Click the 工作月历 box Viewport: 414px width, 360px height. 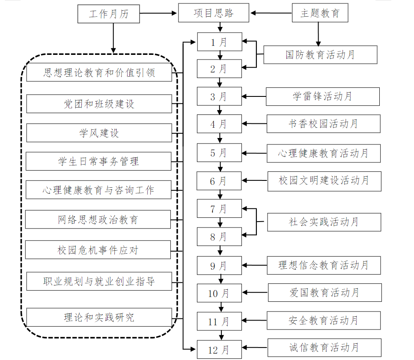click(109, 14)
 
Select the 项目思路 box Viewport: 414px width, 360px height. click(213, 13)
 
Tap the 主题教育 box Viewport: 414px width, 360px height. click(319, 13)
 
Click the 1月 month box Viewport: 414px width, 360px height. click(219, 42)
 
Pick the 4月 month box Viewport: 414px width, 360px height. click(219, 124)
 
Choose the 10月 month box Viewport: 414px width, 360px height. click(219, 293)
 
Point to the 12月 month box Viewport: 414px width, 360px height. click(219, 350)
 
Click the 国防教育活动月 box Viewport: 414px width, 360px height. click(320, 55)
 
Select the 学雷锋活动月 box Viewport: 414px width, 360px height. click(322, 96)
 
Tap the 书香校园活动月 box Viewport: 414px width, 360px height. click(323, 124)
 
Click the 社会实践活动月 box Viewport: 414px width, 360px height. click(324, 222)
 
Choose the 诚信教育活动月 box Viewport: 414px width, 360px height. click(324, 348)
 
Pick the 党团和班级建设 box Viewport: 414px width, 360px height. click(99, 104)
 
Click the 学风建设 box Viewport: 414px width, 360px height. click(99, 133)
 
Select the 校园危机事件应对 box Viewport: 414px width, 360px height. click(98, 250)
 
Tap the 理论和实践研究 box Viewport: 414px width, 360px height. click(99, 317)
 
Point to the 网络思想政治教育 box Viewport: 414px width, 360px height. click(98, 219)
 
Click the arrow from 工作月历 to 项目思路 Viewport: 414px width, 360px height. click(159, 14)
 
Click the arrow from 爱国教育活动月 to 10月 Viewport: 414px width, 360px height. click(255, 293)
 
